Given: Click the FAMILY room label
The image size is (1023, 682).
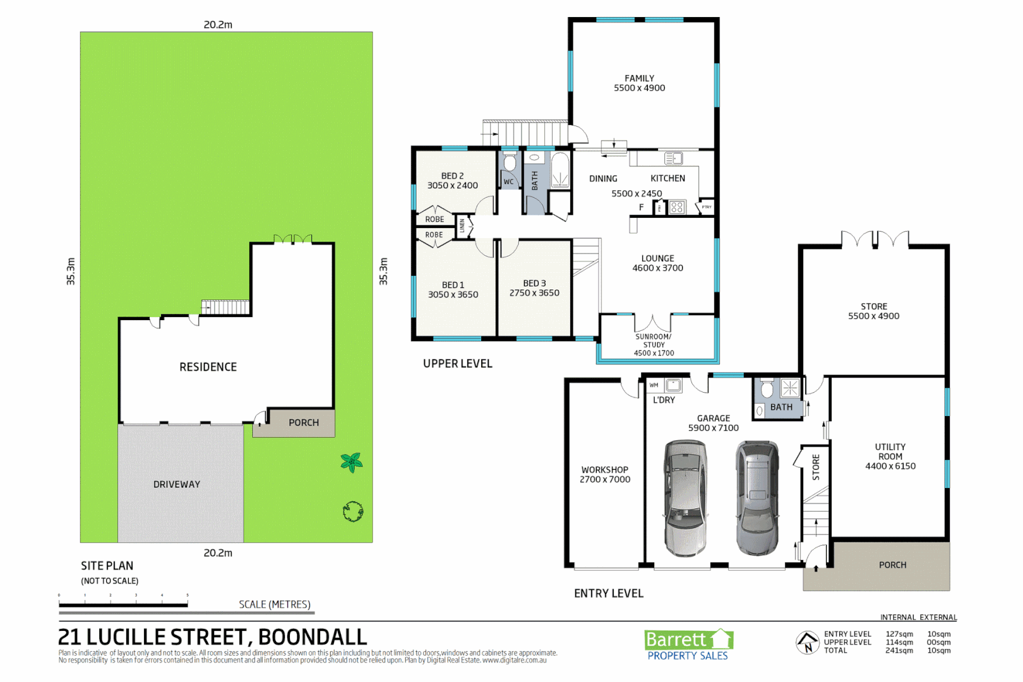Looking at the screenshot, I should (639, 78).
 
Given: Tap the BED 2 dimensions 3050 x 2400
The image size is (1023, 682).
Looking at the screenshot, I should (452, 186).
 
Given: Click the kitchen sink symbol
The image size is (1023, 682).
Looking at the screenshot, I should (673, 159).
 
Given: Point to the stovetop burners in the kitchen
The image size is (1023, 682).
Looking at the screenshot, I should (677, 207).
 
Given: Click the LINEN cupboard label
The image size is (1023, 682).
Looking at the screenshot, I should (462, 225).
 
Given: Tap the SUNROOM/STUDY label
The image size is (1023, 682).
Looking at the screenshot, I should (654, 341).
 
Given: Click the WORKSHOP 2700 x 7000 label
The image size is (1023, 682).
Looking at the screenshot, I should (605, 475).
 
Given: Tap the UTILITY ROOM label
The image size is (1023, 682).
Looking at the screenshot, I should (890, 452).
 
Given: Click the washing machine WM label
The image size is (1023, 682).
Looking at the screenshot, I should (654, 385).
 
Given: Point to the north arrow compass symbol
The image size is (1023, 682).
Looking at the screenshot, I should (807, 643).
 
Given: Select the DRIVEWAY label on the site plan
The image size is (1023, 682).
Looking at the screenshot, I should (177, 484).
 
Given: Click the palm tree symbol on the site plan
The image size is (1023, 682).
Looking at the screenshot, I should (352, 462).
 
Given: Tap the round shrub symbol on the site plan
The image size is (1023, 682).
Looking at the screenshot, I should (352, 512).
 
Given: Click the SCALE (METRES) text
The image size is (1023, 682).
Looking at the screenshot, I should (275, 604).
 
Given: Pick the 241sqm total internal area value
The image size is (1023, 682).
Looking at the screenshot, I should (899, 650).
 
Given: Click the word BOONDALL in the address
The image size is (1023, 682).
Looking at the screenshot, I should (313, 637).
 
